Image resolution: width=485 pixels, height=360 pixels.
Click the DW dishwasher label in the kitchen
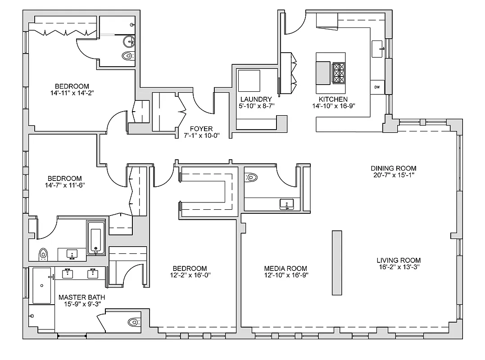coord(377,87)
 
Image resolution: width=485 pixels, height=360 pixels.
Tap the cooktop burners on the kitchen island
coord(339,73)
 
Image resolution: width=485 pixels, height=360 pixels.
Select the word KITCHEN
coord(333,99)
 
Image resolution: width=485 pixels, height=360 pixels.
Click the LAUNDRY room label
coord(256,99)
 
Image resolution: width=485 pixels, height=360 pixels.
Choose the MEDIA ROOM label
coord(286,268)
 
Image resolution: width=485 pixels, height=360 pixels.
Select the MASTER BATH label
coord(79,297)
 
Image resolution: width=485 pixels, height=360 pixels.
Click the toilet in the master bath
coord(134,322)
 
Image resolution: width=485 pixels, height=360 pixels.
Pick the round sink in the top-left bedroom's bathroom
coord(130,42)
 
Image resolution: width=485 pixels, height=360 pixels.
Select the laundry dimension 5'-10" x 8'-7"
coord(256,106)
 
